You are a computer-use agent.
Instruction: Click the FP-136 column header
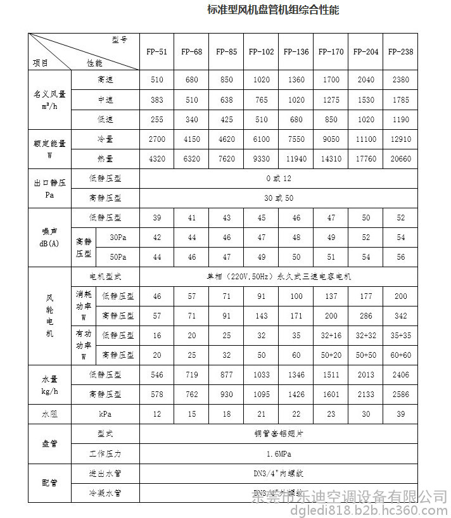click(296, 51)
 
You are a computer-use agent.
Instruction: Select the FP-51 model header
click(156, 51)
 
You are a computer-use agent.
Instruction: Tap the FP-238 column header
click(400, 51)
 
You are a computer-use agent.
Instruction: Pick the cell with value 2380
click(400, 80)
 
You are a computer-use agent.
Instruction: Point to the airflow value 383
click(156, 100)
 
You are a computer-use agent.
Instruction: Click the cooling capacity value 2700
click(156, 139)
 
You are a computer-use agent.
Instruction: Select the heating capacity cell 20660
click(400, 159)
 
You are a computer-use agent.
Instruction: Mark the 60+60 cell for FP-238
click(400, 355)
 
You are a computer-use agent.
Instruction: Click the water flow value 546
click(156, 375)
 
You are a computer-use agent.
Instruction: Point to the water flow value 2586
click(400, 395)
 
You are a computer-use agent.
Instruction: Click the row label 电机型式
click(105, 277)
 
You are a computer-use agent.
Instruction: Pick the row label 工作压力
click(105, 453)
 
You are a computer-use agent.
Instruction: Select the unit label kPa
click(105, 414)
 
